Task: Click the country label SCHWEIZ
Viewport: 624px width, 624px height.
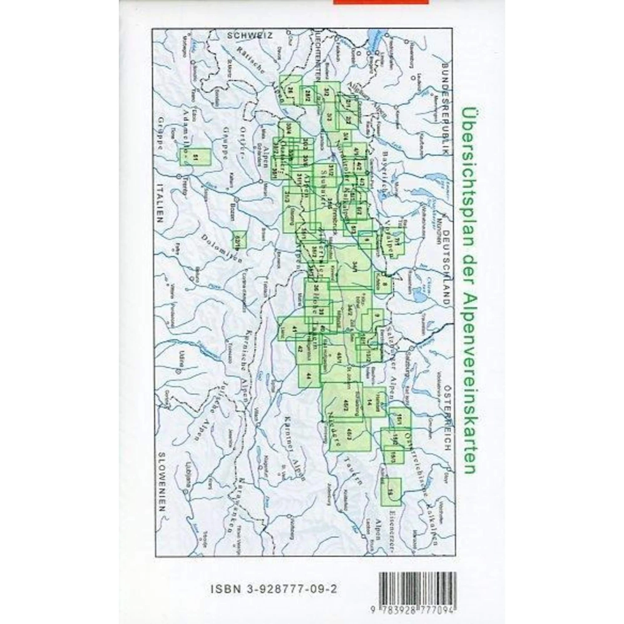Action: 250,36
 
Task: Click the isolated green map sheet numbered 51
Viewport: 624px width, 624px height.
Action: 195,157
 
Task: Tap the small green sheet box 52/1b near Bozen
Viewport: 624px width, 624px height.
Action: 239,239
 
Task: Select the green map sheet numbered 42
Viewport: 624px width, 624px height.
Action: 300,349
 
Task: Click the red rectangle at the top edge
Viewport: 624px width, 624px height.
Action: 381,2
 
